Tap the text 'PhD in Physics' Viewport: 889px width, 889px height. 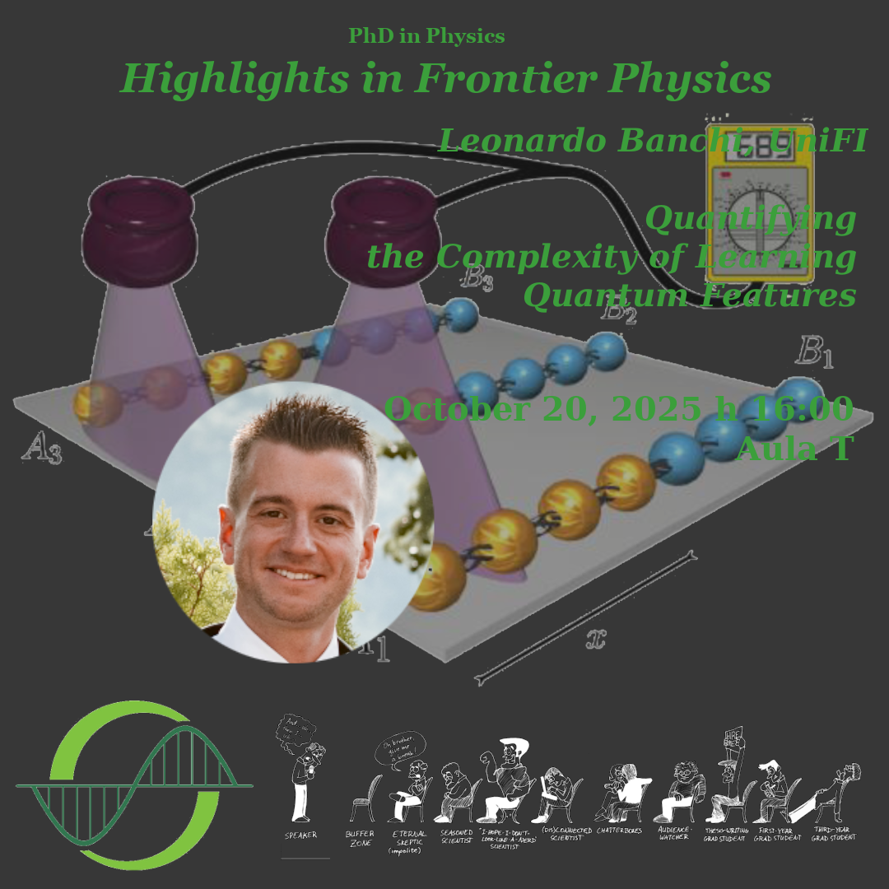pos(426,36)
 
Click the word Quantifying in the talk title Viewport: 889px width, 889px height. pos(751,220)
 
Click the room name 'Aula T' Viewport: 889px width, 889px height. pos(794,449)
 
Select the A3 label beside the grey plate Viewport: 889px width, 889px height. pos(42,449)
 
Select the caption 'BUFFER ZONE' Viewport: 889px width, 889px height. pos(360,838)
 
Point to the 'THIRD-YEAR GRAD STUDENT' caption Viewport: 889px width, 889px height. pos(833,834)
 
